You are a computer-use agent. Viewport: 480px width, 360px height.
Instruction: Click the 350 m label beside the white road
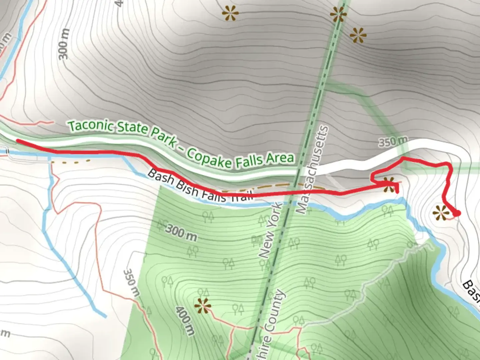tap(392, 142)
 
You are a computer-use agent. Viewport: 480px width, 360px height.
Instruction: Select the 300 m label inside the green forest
tap(181, 233)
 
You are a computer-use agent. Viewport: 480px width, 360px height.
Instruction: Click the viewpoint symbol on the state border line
tap(338, 14)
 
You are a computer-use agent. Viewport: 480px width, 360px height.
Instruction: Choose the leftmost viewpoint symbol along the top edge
tap(231, 13)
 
